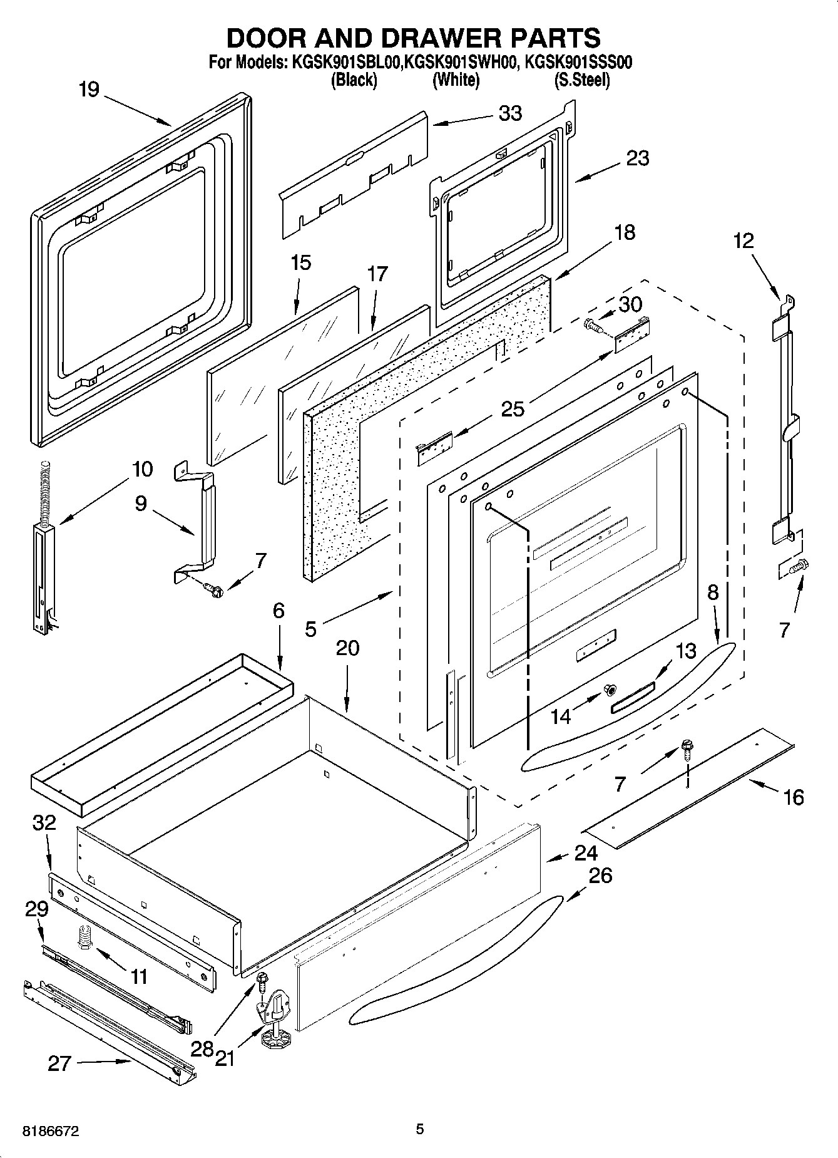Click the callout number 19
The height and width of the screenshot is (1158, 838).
[x=89, y=90]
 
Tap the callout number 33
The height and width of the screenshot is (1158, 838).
[x=510, y=113]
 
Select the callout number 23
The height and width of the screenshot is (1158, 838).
[x=637, y=158]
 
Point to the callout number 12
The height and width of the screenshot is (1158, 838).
[x=743, y=240]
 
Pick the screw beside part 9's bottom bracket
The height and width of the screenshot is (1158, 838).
[x=212, y=589]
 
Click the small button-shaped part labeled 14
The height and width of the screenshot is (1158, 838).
[x=608, y=690]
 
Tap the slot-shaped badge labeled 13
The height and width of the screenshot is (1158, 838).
[x=632, y=696]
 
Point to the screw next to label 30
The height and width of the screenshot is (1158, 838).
[x=591, y=324]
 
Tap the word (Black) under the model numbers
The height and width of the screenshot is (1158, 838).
[x=354, y=80]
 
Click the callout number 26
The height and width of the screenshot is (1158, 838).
[x=600, y=875]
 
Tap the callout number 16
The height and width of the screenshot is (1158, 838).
[x=793, y=797]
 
